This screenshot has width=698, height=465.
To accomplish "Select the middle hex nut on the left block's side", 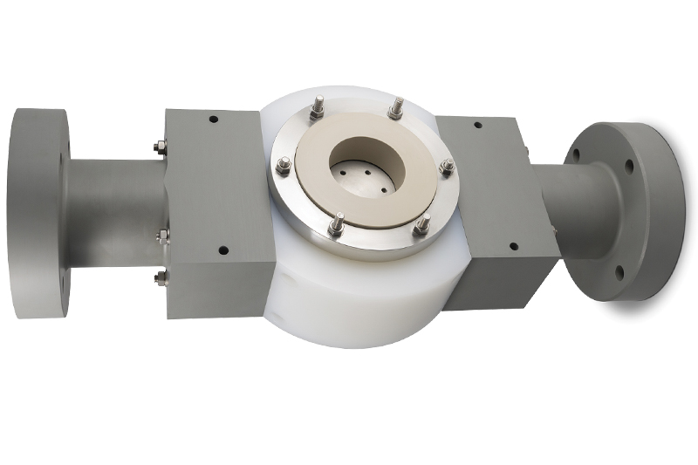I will tap(161, 235).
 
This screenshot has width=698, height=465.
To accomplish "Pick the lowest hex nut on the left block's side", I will tap(161, 278).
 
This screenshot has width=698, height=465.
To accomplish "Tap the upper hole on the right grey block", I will tap(477, 125).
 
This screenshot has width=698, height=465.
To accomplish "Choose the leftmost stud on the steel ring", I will tap(284, 166).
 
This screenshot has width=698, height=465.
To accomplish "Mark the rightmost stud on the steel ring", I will tap(446, 166).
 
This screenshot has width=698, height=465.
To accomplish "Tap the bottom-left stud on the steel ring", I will tap(335, 228).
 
